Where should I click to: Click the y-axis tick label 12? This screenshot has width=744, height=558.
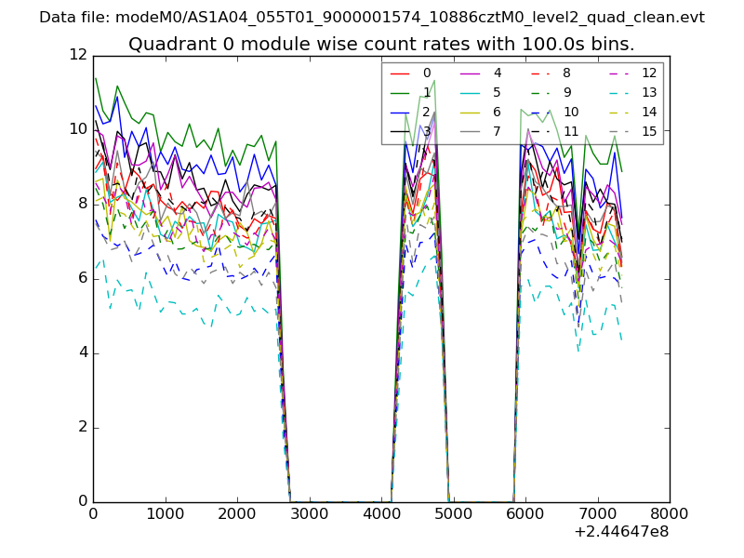coord(78,55)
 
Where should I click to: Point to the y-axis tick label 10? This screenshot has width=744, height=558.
coord(78,129)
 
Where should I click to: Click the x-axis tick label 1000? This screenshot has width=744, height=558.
coord(165,512)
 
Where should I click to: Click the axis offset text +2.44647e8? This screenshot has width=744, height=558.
coord(622,533)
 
